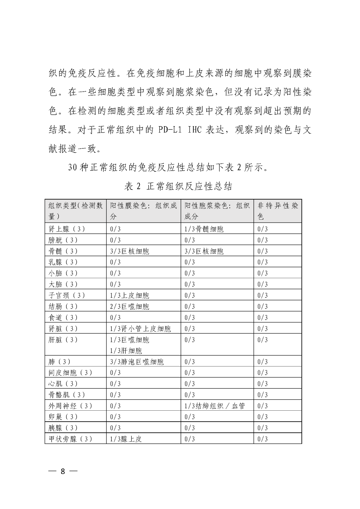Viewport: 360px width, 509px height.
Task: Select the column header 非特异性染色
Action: pos(277,211)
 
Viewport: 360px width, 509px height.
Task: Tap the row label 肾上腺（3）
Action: pos(67,229)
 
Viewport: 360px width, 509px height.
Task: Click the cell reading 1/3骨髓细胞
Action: pos(204,229)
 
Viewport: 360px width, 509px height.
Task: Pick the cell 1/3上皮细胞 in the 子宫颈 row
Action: pos(130,295)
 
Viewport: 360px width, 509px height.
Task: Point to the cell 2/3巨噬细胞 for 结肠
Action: pos(130,306)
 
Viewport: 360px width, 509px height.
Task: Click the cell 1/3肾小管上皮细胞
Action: pos(140,329)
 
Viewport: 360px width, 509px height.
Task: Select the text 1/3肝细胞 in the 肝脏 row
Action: pos(126,351)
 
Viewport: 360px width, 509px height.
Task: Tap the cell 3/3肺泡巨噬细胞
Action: pos(137,362)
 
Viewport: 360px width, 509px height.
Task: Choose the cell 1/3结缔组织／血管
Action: pos(215,406)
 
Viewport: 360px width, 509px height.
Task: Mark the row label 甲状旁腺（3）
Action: pos(70,439)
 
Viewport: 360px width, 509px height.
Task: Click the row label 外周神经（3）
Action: pos(70,406)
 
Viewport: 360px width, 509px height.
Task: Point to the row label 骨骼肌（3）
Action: pos(67,395)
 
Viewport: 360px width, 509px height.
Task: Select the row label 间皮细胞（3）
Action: pos(70,373)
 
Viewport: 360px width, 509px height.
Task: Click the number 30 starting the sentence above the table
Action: pos(73,167)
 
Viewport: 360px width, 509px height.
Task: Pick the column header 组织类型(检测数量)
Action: pos(76,211)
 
